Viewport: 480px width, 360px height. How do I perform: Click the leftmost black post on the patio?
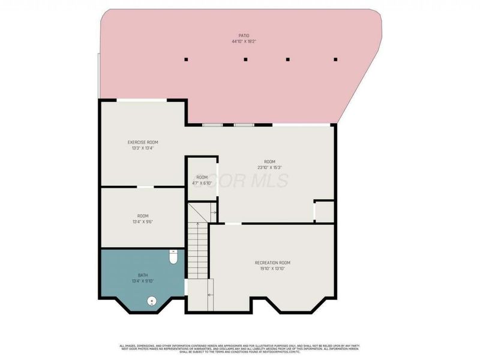[186, 59]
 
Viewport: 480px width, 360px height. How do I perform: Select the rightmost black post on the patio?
[335, 59]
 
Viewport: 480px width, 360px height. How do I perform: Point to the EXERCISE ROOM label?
[143, 142]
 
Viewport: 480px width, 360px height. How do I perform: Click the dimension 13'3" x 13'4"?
[143, 148]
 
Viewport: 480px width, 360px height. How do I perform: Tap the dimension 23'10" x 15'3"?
[269, 167]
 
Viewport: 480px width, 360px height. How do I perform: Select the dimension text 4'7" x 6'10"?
[202, 183]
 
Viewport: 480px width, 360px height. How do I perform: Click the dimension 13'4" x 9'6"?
[143, 222]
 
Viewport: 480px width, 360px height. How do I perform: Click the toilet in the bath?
[173, 257]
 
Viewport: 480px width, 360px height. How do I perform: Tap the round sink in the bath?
[151, 301]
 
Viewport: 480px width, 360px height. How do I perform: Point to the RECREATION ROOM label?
[272, 263]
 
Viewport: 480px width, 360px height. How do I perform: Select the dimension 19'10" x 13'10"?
[272, 269]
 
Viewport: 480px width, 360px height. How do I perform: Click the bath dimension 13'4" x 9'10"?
[143, 280]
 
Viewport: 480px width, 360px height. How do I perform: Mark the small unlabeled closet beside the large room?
[324, 211]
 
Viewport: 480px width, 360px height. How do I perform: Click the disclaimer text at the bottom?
[240, 348]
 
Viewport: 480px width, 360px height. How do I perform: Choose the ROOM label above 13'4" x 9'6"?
[143, 216]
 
